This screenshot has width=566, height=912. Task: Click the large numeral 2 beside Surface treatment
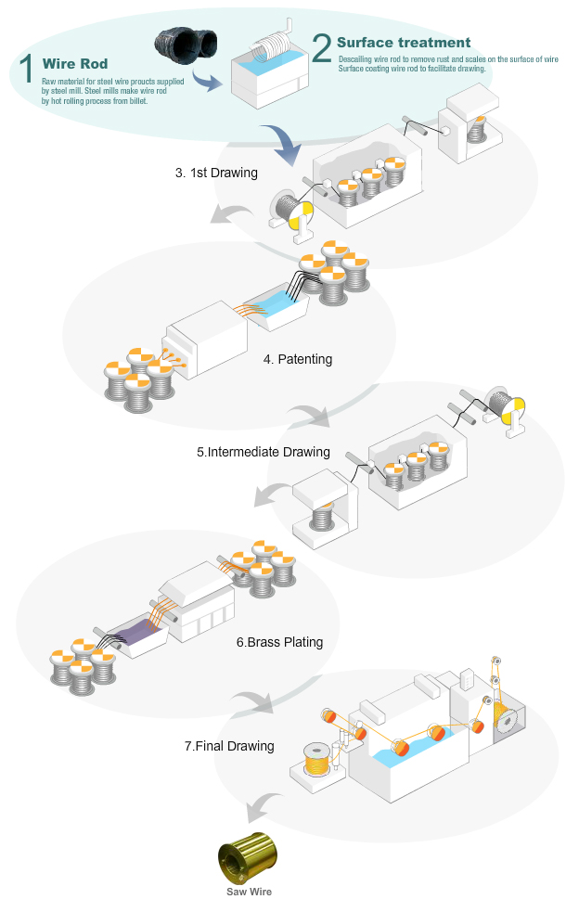click(x=322, y=47)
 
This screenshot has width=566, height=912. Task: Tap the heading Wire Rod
click(x=75, y=64)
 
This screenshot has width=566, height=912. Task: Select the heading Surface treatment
click(x=404, y=43)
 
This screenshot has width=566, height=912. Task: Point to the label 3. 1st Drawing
click(x=216, y=173)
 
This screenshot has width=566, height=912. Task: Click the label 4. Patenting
click(x=298, y=358)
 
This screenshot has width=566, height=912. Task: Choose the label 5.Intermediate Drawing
click(x=264, y=452)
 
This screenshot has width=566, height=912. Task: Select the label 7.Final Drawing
click(x=230, y=745)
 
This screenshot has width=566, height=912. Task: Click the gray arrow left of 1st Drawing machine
click(x=223, y=215)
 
